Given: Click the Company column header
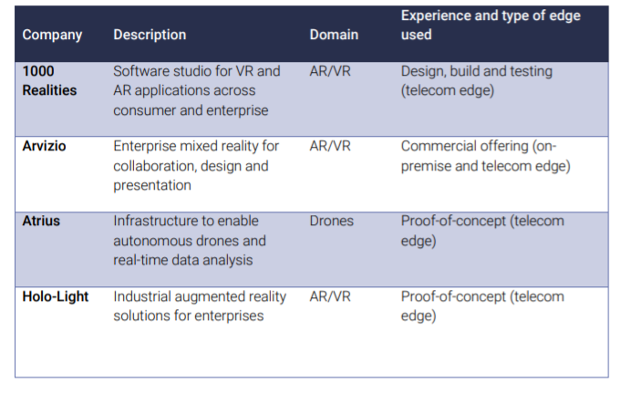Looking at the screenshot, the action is coord(52,35).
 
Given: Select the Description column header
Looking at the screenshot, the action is coord(150,35).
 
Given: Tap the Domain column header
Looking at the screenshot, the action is coord(334,35).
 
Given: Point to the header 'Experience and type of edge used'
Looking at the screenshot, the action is coord(491,25).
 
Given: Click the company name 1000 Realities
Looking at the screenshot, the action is coord(49,80).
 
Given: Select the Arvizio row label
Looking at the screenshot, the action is coord(44,146).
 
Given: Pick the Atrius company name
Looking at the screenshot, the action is coord(41,221).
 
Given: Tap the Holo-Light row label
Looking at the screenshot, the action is coord(56,296).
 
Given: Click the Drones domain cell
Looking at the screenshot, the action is coord(331,221).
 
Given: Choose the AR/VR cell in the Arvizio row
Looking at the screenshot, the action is coord(330,146).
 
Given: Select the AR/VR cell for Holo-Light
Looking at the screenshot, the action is coord(330,296).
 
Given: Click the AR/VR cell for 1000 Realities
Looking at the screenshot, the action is coord(330,71).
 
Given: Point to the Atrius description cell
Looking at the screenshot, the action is coord(190,241).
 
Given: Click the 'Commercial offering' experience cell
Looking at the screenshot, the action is coord(486,156).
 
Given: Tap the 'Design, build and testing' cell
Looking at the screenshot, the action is coord(477,81).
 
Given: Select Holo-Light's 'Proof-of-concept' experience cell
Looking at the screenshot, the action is coord(482,306).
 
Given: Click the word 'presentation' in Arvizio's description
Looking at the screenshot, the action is coord(152,185).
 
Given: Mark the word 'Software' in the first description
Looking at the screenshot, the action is coord(138,71).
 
